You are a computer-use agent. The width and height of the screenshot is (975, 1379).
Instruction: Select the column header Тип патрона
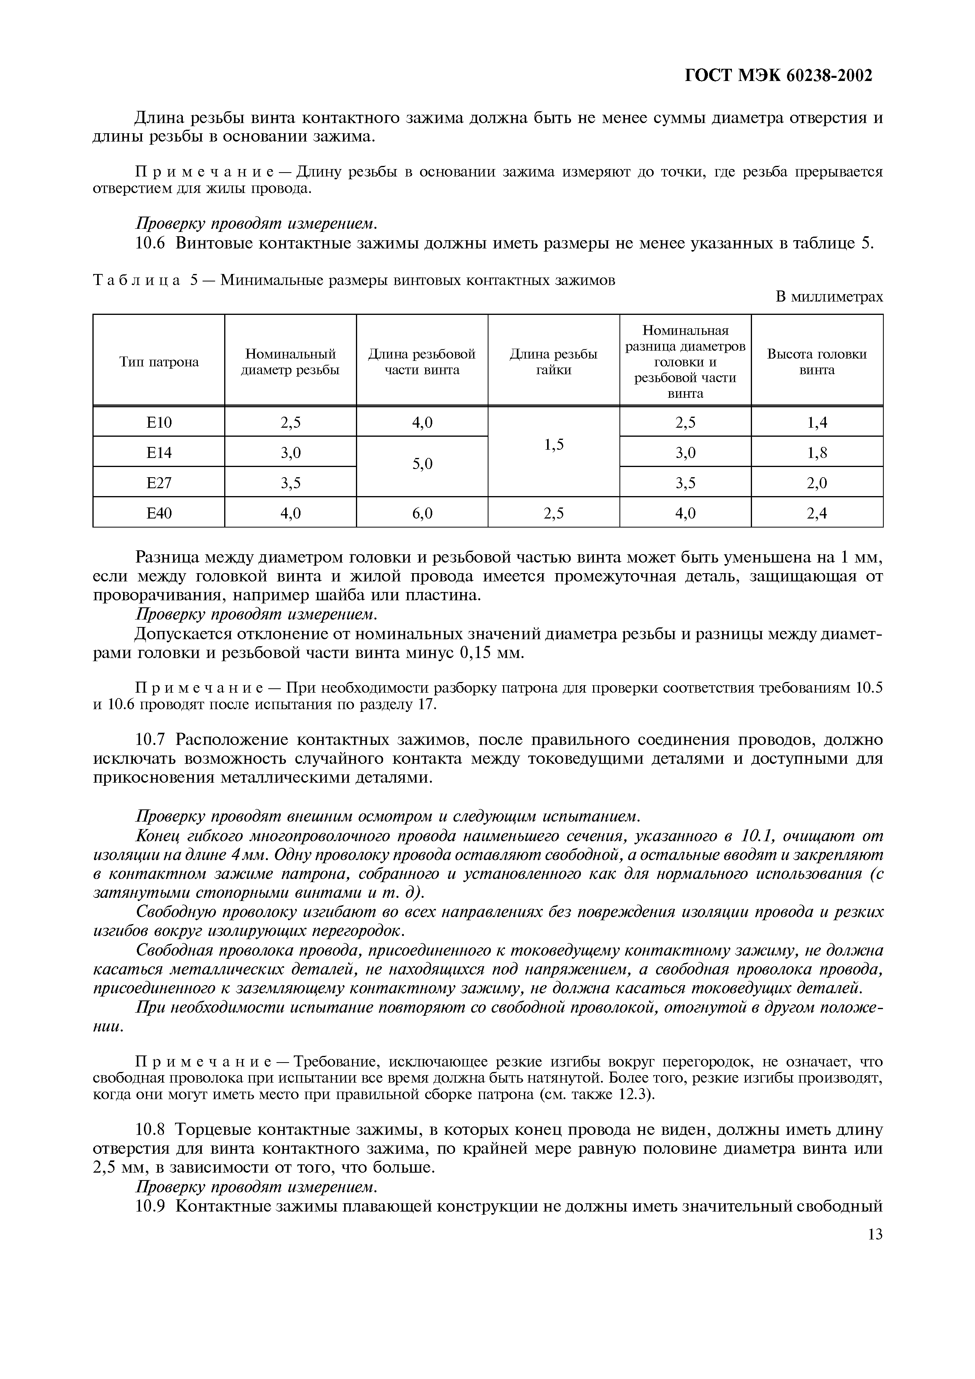coord(159,362)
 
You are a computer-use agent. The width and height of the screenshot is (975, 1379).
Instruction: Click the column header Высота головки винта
coord(816,362)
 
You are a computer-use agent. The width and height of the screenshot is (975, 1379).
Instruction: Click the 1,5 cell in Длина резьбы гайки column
coord(553,445)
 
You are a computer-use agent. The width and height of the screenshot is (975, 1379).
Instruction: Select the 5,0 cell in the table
coord(422,464)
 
